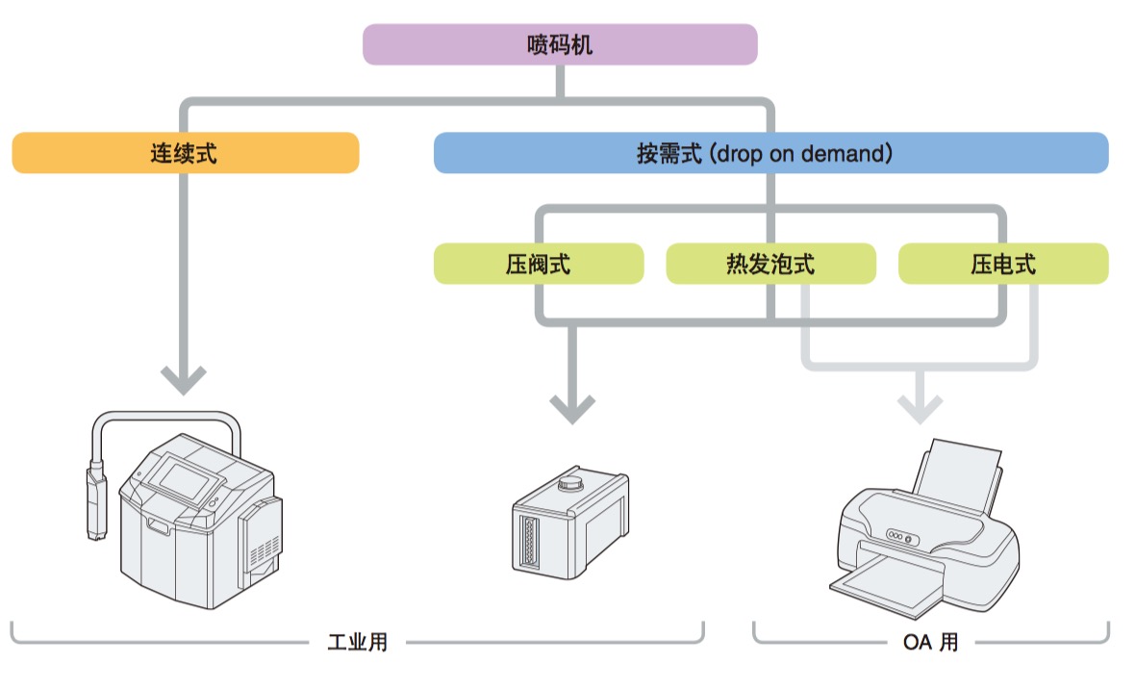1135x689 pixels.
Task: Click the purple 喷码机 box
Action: tap(560, 45)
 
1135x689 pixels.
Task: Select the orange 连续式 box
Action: tap(185, 153)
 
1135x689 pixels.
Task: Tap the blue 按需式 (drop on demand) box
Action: tap(770, 153)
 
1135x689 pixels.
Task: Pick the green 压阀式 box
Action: tap(539, 264)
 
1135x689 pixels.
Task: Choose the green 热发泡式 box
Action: tap(770, 264)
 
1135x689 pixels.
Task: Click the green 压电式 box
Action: tap(1003, 264)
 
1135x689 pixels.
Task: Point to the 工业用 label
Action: tap(357, 642)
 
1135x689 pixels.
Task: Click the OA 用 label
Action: tap(930, 642)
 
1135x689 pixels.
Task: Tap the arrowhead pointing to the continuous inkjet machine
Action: tap(184, 379)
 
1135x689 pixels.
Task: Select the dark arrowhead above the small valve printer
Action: tap(572, 408)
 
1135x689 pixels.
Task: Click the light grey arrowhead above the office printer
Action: tap(921, 408)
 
